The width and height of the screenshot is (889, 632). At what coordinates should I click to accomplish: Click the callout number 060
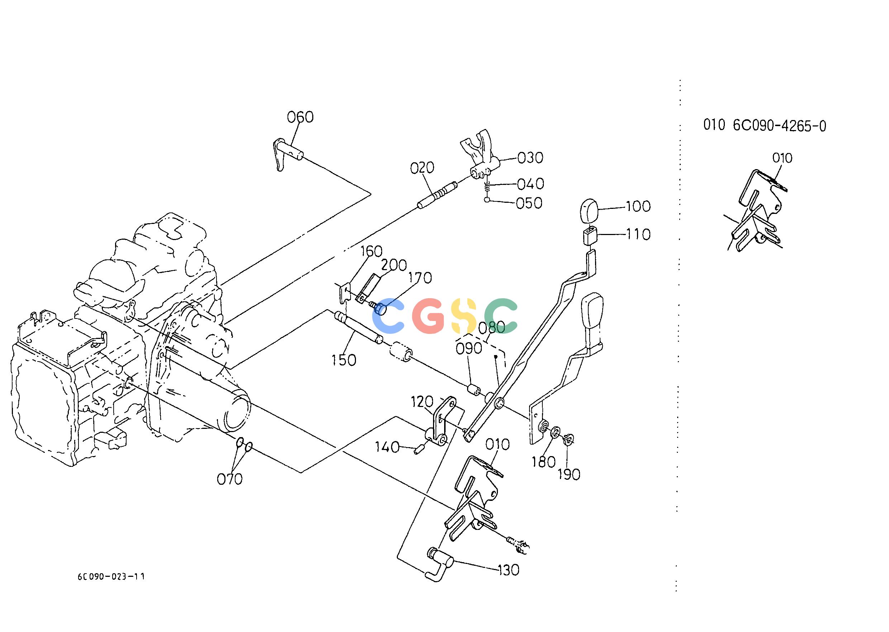point(300,117)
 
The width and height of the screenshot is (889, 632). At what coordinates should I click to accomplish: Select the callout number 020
point(422,168)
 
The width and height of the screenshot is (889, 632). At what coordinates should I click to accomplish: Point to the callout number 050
point(529,203)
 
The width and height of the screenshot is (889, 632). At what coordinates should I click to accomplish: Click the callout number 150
point(344,360)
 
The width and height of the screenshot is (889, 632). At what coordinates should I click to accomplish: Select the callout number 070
point(230,479)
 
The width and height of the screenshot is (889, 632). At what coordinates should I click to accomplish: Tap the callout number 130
point(509,570)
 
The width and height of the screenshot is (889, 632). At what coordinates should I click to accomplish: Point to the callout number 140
point(388,447)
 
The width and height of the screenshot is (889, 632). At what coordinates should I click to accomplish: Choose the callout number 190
point(569,474)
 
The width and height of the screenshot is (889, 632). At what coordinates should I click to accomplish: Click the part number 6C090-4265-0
point(780,126)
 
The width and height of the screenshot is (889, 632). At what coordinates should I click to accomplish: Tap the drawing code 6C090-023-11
point(111,576)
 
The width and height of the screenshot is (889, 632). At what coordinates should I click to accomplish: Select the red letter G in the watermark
point(428,316)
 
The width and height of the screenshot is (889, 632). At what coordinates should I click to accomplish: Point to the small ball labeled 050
point(487,200)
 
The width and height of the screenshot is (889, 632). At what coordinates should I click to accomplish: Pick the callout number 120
point(422,402)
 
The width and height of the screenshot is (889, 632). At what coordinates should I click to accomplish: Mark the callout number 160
point(371,252)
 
